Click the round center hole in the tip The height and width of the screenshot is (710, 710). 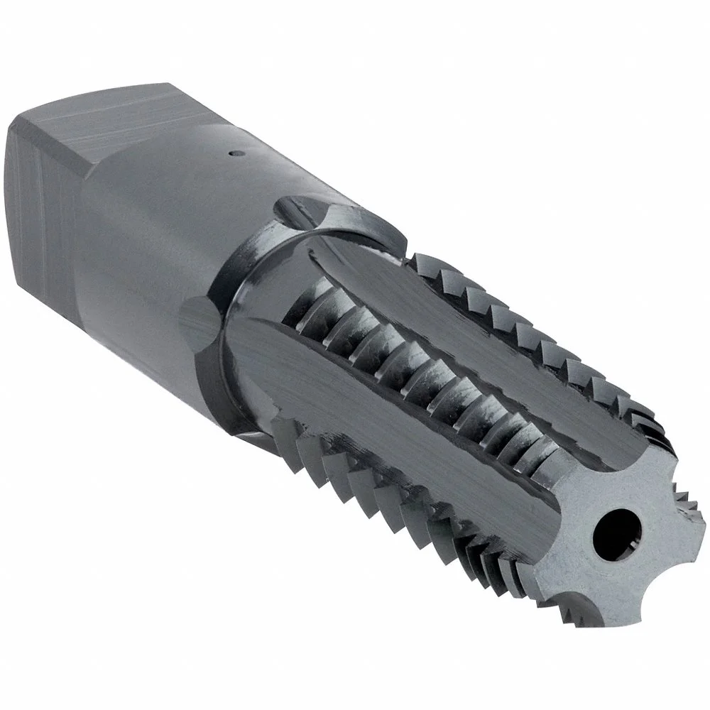click(x=613, y=530)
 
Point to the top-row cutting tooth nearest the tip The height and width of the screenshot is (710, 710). click(x=639, y=412)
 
